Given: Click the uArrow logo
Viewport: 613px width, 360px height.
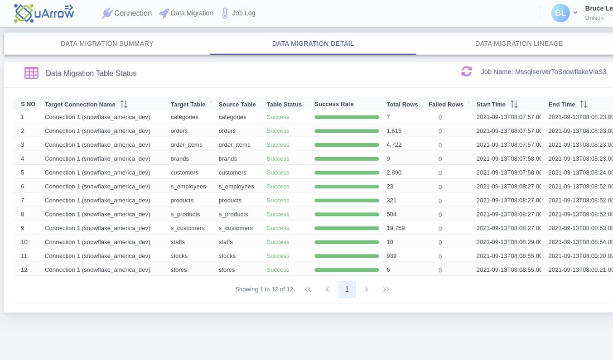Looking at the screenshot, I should [x=43, y=13].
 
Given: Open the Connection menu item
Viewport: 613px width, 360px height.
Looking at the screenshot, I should [x=127, y=13].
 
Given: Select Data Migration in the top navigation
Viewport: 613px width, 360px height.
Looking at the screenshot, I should [x=186, y=13].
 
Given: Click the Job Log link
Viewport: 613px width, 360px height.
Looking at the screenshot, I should [x=238, y=13].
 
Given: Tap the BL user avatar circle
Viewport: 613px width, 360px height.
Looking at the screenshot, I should [x=560, y=13].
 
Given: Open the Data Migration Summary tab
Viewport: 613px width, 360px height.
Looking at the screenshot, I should [x=107, y=43].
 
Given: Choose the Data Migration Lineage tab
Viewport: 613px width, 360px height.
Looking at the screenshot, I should [x=519, y=43].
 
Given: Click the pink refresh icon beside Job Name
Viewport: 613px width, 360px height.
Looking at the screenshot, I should [x=467, y=72].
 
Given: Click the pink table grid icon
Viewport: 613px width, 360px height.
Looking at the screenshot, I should [x=31, y=73].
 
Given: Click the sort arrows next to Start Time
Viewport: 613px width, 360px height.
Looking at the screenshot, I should [x=514, y=105].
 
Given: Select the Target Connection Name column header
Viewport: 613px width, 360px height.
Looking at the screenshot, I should [x=80, y=105].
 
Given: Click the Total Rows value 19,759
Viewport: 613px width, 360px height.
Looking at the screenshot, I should [x=396, y=228].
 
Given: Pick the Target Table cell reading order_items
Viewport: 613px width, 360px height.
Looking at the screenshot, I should [x=186, y=145].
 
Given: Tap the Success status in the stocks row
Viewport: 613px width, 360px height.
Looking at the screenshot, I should [x=278, y=256].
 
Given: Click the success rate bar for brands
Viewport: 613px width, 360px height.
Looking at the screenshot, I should [x=347, y=159].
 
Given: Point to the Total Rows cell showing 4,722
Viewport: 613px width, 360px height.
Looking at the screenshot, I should [x=394, y=145].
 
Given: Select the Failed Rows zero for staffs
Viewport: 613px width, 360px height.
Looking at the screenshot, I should [x=440, y=242].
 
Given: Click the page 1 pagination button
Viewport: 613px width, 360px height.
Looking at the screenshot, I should [x=347, y=289].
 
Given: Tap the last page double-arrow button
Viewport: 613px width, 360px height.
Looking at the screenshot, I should [x=386, y=289].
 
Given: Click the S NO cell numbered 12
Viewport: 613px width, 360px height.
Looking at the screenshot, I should [x=24, y=270].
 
